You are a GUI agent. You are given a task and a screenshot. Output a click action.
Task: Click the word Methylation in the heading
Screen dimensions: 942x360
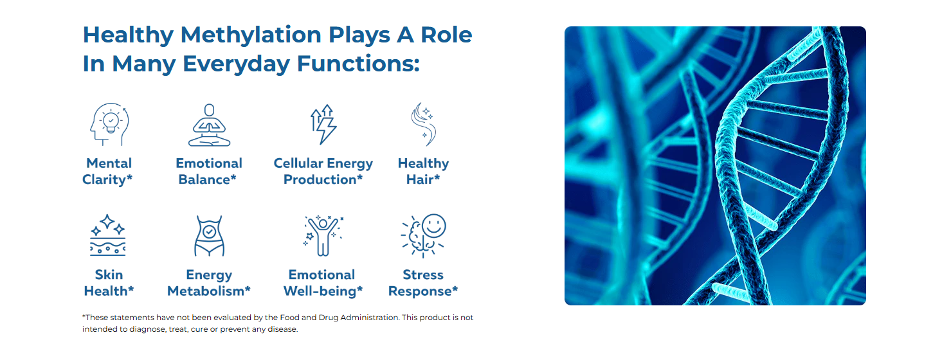[x=251, y=35]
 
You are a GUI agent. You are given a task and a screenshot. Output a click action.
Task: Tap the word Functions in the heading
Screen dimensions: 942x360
[x=358, y=64]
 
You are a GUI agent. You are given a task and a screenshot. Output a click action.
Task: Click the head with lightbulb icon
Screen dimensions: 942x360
[x=109, y=125]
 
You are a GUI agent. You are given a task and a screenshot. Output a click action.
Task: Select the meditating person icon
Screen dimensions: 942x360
[x=209, y=125]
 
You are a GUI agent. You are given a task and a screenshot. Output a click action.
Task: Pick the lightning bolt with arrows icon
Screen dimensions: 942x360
[x=323, y=125]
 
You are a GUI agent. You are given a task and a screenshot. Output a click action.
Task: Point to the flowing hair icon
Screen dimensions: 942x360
[x=424, y=125]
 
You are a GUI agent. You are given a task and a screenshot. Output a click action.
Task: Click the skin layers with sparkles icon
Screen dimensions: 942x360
[x=107, y=235]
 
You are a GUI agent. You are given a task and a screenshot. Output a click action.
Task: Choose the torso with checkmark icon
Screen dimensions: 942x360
[x=209, y=235]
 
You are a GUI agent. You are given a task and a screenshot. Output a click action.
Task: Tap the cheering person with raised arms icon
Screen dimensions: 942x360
[x=323, y=235]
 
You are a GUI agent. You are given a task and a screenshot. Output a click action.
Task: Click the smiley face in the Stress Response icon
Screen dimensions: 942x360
[x=434, y=226]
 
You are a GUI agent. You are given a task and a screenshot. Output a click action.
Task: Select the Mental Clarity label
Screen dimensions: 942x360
[x=107, y=171]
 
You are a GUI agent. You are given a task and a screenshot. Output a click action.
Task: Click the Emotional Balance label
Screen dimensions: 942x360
[x=208, y=171]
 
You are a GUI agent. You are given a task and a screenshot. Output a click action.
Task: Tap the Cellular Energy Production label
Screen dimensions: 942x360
[x=323, y=171]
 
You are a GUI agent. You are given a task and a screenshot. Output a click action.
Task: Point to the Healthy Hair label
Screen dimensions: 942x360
[x=424, y=171]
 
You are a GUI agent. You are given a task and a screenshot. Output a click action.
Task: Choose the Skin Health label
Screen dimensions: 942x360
[x=109, y=283]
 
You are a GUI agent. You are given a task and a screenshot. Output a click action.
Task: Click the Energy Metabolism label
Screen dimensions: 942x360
[x=208, y=283]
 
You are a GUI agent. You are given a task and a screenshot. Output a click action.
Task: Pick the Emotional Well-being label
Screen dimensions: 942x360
[x=323, y=283]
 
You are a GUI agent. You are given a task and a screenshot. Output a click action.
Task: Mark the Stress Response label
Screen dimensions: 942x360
[x=423, y=283]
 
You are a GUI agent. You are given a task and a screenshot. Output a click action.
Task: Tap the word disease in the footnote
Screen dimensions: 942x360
[x=282, y=329]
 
